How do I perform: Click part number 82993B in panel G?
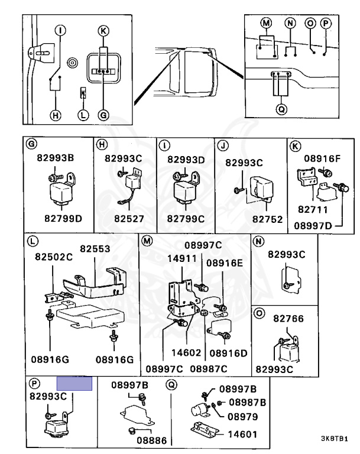coord(56,158)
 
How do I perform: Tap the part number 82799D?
coord(63,218)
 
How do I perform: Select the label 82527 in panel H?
coord(129,219)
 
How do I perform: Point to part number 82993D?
coord(186,160)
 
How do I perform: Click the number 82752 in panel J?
coord(267,219)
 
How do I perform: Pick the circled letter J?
coord(223,145)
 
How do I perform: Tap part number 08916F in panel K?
coord(322,158)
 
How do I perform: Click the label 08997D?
coord(313,226)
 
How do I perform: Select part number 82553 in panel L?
coord(95,249)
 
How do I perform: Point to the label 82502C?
coord(54,257)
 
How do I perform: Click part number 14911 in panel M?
coord(182,258)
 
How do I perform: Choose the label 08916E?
coord(225,263)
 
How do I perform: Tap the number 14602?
coord(186,353)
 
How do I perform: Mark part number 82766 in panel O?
coord(288,319)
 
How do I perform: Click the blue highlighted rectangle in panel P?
coord(74,383)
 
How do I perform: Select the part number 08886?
coord(152,440)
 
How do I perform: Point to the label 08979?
coord(243,417)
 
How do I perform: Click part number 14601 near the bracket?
coord(242,434)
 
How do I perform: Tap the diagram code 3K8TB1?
coord(334,439)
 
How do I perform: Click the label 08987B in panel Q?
coord(247,402)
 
